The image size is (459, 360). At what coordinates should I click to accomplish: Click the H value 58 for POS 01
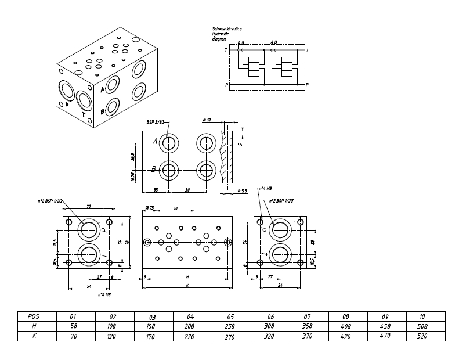pyautogui.click(x=73, y=326)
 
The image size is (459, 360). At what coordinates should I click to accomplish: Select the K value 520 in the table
pyautogui.click(x=422, y=336)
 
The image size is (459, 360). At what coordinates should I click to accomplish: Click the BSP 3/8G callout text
pyautogui.click(x=156, y=122)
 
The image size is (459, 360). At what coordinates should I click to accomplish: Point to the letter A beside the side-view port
pyautogui.click(x=155, y=141)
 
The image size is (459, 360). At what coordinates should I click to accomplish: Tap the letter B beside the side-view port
pyautogui.click(x=153, y=170)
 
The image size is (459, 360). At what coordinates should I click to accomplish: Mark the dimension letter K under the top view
pyautogui.click(x=187, y=285)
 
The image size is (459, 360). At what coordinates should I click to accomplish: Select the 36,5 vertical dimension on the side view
pyautogui.click(x=133, y=157)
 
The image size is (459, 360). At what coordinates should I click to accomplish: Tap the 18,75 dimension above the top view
pyautogui.click(x=149, y=208)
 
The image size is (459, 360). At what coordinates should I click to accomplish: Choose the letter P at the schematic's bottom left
pyautogui.click(x=226, y=85)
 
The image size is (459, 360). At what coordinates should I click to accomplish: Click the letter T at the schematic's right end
pyautogui.click(x=307, y=51)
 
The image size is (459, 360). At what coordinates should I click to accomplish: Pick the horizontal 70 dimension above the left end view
pyautogui.click(x=89, y=206)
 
